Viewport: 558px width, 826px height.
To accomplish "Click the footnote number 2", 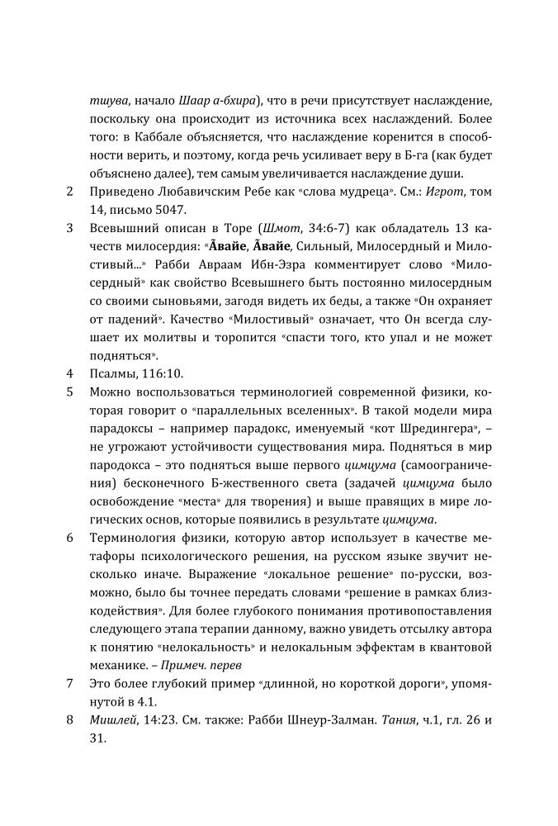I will pyautogui.click(x=69, y=193).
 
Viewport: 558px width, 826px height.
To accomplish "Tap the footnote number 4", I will pyautogui.click(x=69, y=373).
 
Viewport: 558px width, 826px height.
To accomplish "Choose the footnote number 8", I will pyautogui.click(x=69, y=719).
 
